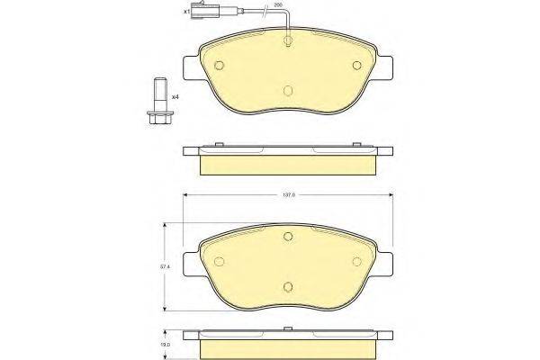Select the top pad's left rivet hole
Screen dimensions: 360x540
[220, 64]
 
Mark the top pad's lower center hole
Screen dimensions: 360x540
[287, 91]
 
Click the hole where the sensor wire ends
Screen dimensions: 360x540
[287, 40]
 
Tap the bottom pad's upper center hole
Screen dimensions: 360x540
[287, 237]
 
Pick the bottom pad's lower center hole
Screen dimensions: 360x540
[287, 287]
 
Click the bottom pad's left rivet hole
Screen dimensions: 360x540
[220, 261]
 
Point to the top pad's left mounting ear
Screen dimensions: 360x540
[190, 68]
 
